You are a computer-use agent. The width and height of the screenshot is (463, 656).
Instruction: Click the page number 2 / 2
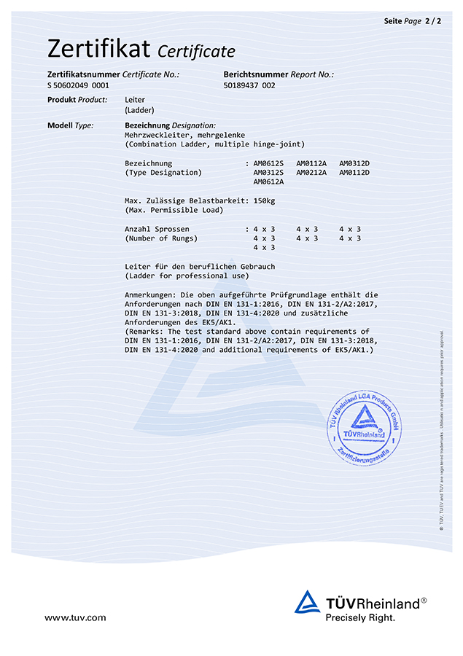coord(433,21)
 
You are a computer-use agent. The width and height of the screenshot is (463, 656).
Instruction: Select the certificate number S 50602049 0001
coord(78,85)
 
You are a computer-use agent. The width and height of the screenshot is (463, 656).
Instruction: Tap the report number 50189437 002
coord(249,85)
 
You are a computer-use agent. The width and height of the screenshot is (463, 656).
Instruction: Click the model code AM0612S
coord(268,163)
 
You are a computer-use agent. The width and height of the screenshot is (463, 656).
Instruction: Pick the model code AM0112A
coord(311,163)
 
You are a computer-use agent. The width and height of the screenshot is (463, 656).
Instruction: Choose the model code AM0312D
coord(354,163)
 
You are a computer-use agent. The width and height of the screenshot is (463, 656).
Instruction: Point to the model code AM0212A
coord(311,173)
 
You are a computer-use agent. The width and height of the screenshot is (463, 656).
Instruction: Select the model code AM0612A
coord(268,182)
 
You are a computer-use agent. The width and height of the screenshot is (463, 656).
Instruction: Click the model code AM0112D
coord(354,173)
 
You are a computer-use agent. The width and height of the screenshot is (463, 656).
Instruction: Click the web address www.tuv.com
coord(75,617)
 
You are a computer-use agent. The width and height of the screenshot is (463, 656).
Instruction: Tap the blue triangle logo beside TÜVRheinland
coord(307,602)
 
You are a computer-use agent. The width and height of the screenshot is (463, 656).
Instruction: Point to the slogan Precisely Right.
coord(360,617)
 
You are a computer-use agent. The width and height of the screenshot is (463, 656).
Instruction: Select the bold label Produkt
coord(61,100)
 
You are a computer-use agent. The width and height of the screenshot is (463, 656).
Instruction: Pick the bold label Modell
coord(60,125)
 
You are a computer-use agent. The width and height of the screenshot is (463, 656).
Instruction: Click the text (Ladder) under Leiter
coord(139,110)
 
